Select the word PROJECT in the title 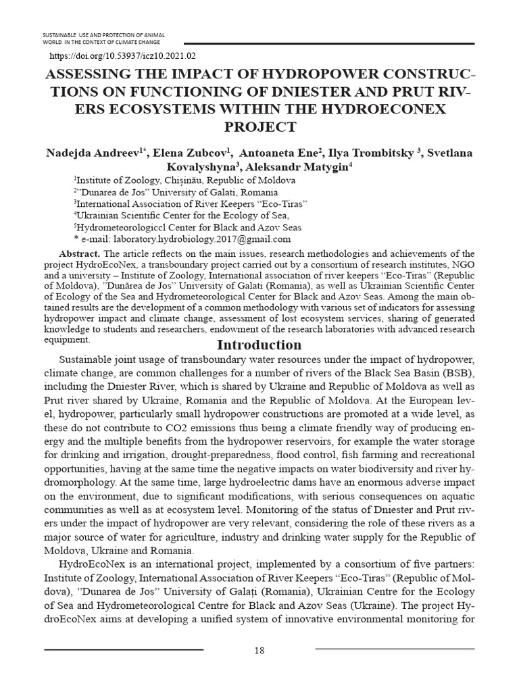point(259,126)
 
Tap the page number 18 point(259,650)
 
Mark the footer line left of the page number point(124,649)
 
